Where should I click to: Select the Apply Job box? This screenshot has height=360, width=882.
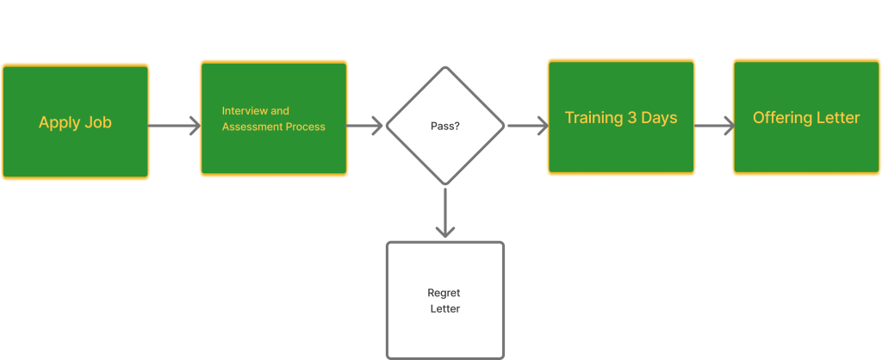[75, 121]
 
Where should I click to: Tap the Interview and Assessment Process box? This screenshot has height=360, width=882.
[274, 119]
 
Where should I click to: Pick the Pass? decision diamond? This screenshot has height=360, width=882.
[444, 126]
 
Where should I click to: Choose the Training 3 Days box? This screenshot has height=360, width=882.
[621, 118]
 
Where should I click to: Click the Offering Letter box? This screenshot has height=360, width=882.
[806, 118]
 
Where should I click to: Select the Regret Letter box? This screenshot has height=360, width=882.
[444, 300]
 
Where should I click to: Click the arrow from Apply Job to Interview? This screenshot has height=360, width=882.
[175, 126]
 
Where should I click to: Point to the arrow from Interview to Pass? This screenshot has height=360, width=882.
[366, 126]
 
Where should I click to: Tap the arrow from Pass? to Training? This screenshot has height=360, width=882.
[527, 126]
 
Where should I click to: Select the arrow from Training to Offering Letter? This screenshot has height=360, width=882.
[714, 126]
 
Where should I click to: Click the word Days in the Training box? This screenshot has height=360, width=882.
[660, 118]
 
